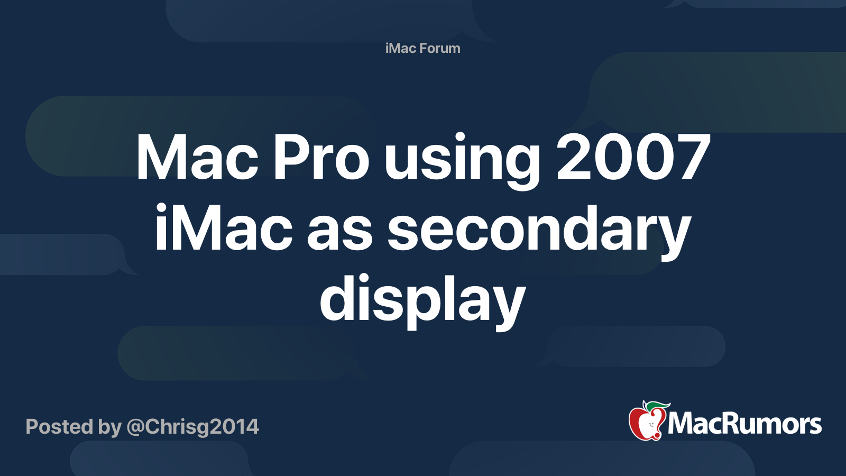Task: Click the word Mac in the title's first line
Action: pyautogui.click(x=197, y=158)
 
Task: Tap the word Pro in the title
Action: pyautogui.click(x=320, y=158)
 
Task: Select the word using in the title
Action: pyautogui.click(x=463, y=161)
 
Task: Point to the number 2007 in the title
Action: pyautogui.click(x=633, y=158)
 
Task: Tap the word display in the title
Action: pyautogui.click(x=422, y=303)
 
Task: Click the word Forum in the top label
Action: pyautogui.click(x=440, y=48)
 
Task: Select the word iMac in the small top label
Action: pyautogui.click(x=401, y=48)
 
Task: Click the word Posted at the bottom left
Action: pyautogui.click(x=59, y=427)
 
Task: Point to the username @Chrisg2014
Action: pyautogui.click(x=193, y=427)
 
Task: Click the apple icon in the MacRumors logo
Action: pyautogui.click(x=646, y=423)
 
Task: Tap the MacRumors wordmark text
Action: pyautogui.click(x=744, y=424)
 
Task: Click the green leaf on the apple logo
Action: pyautogui.click(x=659, y=406)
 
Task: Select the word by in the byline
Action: pyautogui.click(x=110, y=427)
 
